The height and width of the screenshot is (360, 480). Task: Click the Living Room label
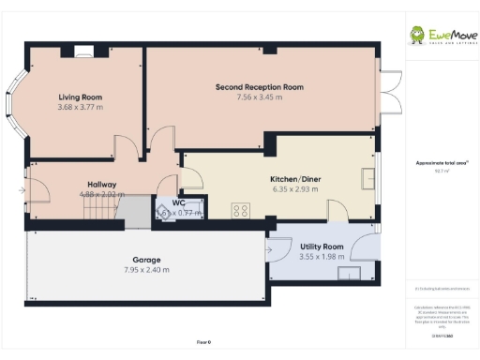(80, 97)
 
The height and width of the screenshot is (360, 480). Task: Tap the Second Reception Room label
(260, 86)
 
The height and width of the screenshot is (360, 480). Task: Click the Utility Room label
(322, 247)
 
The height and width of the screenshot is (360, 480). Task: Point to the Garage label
(145, 260)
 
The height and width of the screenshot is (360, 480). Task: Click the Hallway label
(101, 184)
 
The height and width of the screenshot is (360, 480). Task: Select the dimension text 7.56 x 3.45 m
(260, 97)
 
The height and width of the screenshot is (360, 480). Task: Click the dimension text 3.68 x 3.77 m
(80, 107)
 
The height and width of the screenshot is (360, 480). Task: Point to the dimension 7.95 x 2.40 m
(145, 270)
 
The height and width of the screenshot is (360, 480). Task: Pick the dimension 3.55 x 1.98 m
(322, 256)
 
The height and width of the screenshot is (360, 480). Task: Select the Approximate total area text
(441, 162)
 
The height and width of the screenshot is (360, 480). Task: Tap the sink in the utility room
(351, 274)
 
